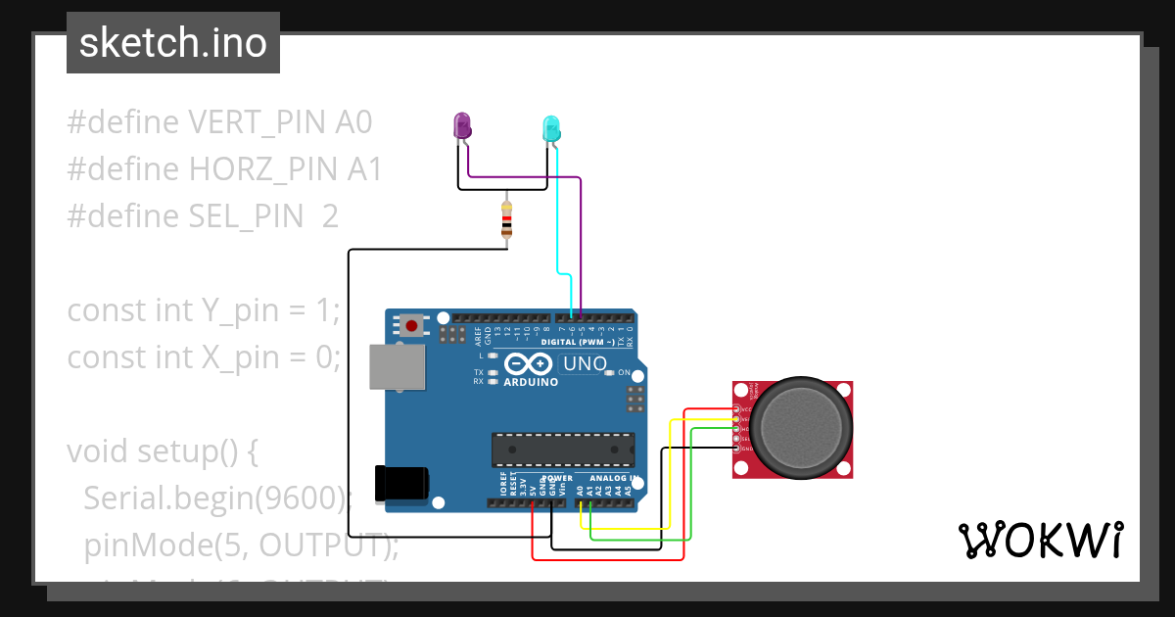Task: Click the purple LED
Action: coord(461,125)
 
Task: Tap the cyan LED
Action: coord(551,128)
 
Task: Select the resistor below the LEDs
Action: coord(505,220)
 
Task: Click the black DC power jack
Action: coord(401,484)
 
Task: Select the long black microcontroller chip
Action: coord(562,449)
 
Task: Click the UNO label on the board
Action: coord(586,364)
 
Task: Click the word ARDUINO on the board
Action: coord(531,382)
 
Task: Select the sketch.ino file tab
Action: coord(173,43)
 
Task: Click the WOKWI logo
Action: coord(1039,540)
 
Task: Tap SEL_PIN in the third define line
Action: coord(246,216)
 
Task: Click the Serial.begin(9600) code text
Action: coord(215,498)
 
